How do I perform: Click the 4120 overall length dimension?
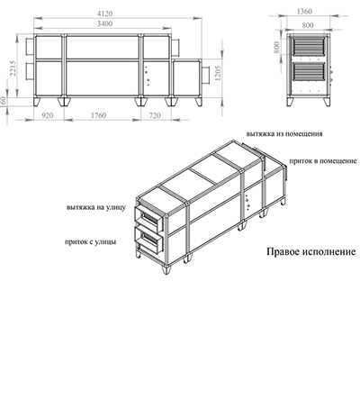click(104, 14)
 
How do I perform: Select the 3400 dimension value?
click(104, 23)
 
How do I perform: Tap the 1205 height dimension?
click(218, 73)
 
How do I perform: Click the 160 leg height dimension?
click(4, 103)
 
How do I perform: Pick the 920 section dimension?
click(47, 115)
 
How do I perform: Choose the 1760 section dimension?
click(98, 115)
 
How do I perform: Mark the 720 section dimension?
click(155, 115)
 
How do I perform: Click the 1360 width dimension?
click(304, 12)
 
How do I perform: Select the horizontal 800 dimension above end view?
click(308, 25)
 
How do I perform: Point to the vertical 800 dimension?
click(277, 48)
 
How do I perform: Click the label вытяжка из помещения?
click(284, 134)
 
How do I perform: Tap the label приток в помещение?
click(323, 161)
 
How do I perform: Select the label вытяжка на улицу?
click(96, 207)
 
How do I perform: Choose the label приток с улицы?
click(91, 241)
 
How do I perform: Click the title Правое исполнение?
click(311, 251)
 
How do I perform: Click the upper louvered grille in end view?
click(309, 46)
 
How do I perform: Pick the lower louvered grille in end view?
click(309, 72)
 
